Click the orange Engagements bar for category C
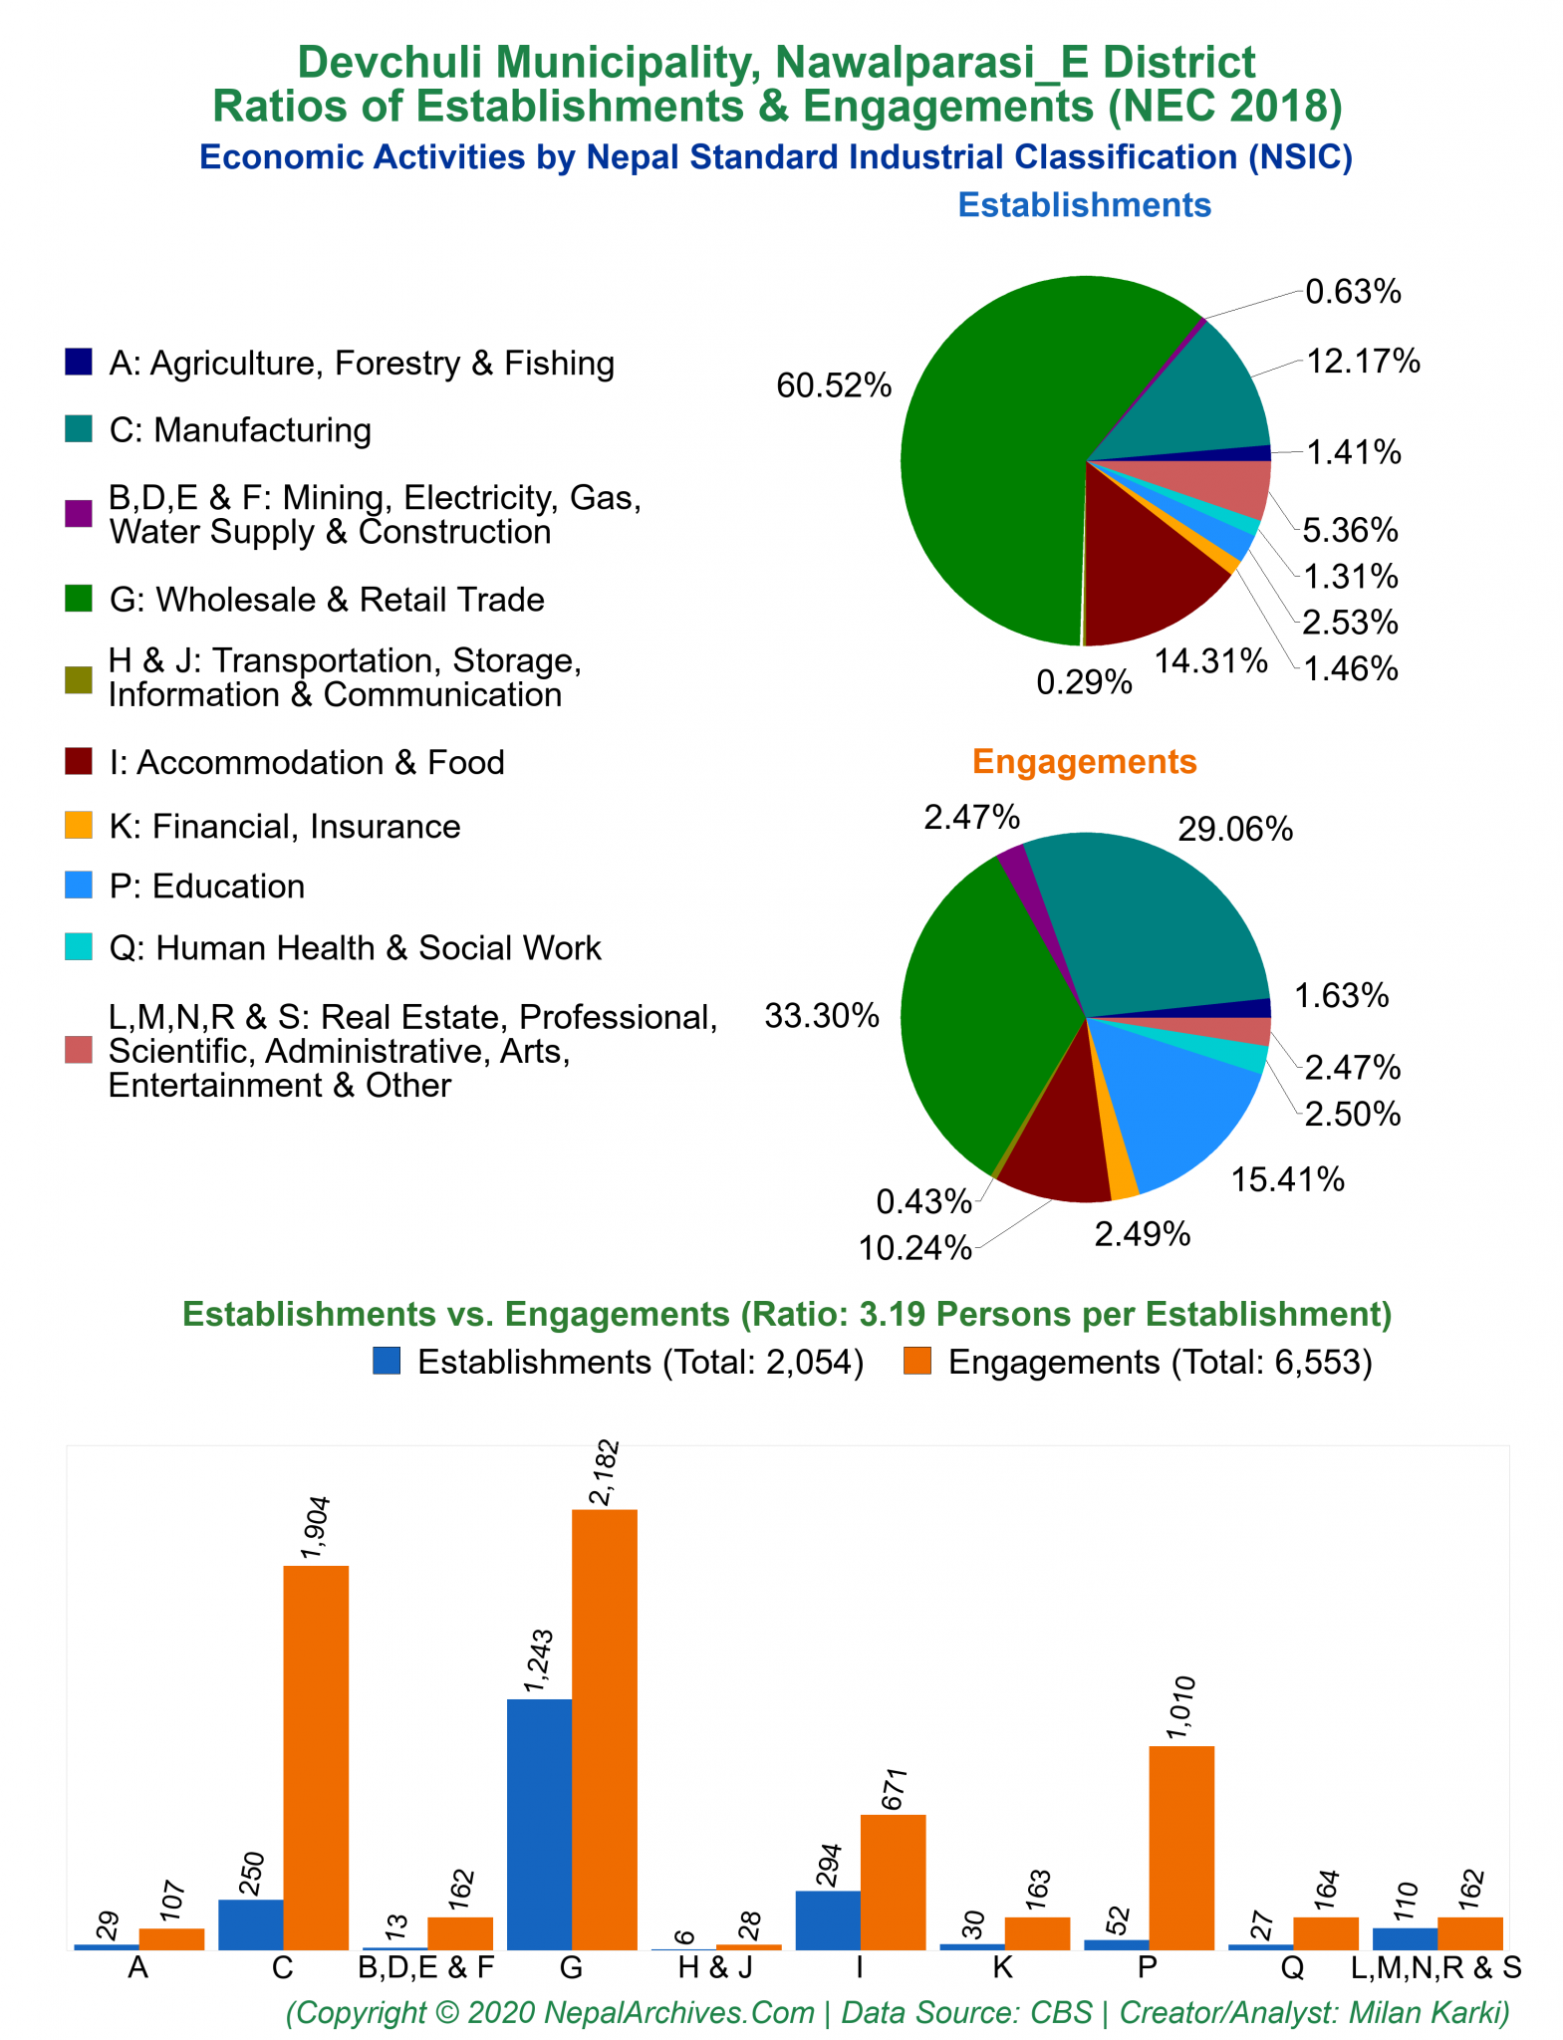pos(316,1757)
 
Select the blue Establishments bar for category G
pos(539,1824)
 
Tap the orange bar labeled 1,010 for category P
pos(1181,1848)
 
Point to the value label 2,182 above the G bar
pos(605,1473)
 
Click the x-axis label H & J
pos(715,1968)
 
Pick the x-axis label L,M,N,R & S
pos(1436,1968)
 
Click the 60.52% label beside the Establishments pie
pos(834,386)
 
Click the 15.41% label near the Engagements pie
pos(1287,1180)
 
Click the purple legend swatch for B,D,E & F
pos(79,514)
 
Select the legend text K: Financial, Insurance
pos(284,827)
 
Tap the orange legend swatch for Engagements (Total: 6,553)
pos(916,1362)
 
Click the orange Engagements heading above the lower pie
pos(1084,762)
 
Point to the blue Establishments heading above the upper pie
pos(1084,205)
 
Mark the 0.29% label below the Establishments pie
pos(1084,682)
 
